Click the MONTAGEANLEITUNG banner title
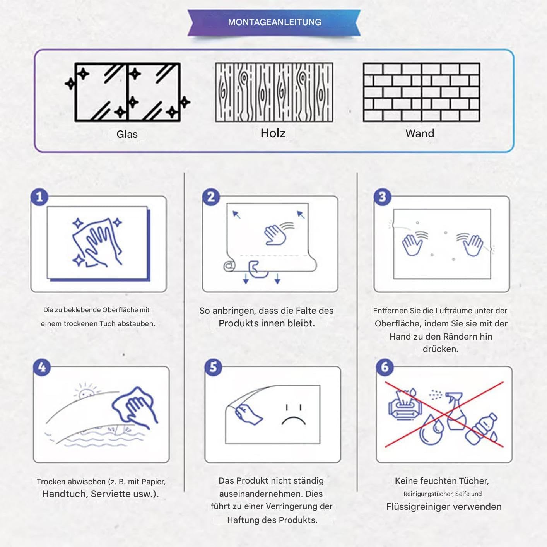275,22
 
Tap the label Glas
127,134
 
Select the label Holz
273,133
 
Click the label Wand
420,133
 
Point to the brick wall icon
422,92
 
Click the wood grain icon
274,92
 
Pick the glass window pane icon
127,92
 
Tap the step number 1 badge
39,197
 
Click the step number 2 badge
211,197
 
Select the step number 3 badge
382,197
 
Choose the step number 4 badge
42,367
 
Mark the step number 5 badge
214,367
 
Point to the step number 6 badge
385,367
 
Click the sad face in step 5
294,415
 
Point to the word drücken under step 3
440,349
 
